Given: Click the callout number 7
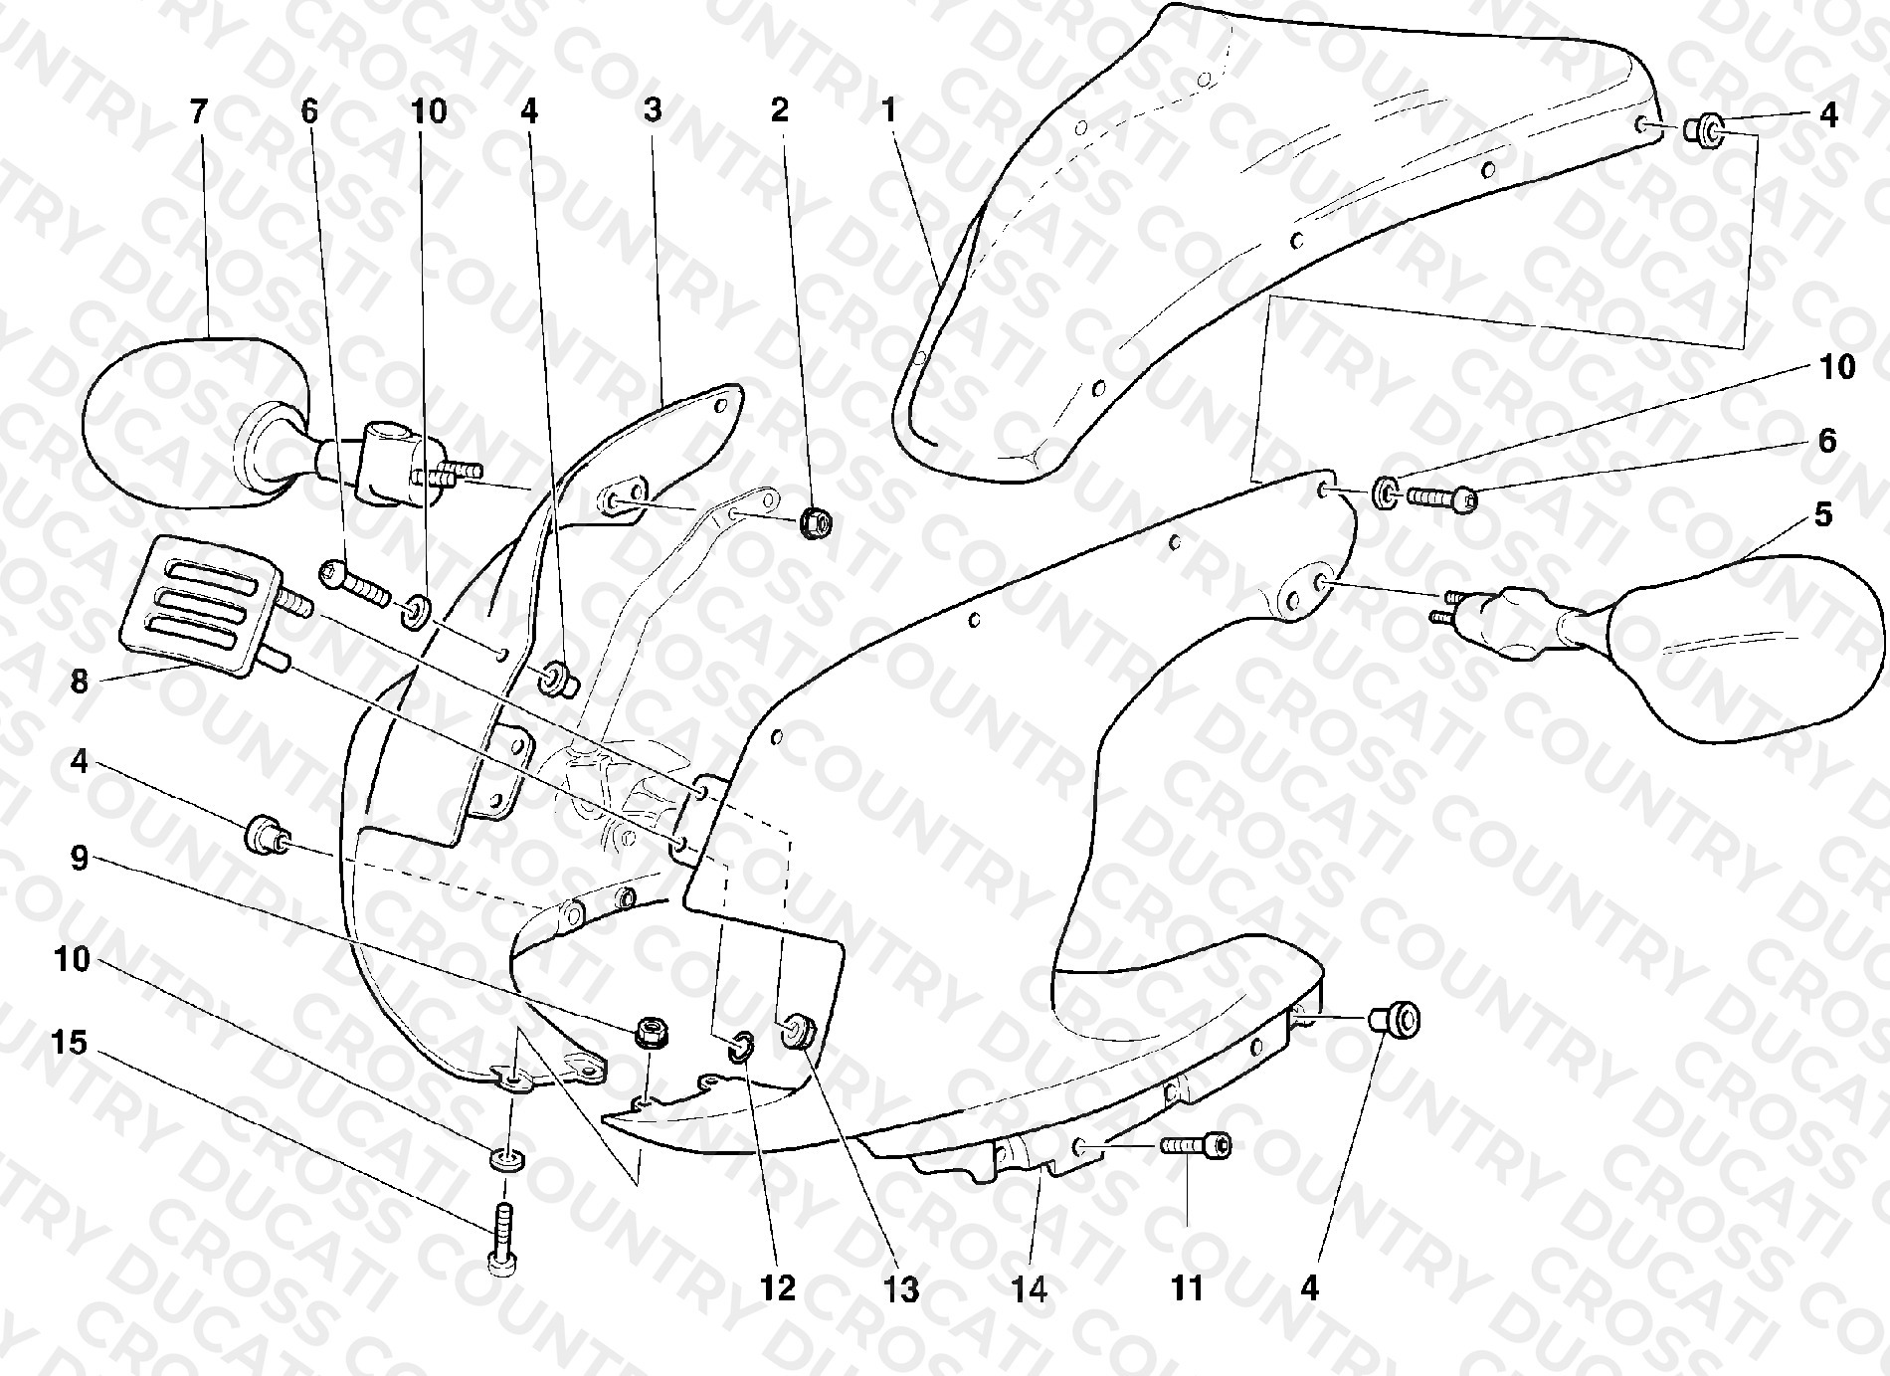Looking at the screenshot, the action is pos(199,111).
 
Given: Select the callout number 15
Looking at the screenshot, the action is pos(71,1043).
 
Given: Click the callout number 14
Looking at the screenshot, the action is pos(1030,1289).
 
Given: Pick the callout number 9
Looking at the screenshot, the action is pos(80,857).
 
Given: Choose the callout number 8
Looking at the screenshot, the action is pos(80,682).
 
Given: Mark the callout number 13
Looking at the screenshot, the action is pos(901,1289).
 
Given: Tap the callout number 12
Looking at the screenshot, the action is pos(778,1289).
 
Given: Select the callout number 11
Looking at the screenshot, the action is pos(1188,1289).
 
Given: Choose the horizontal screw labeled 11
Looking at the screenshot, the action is pos(1195,1147).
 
